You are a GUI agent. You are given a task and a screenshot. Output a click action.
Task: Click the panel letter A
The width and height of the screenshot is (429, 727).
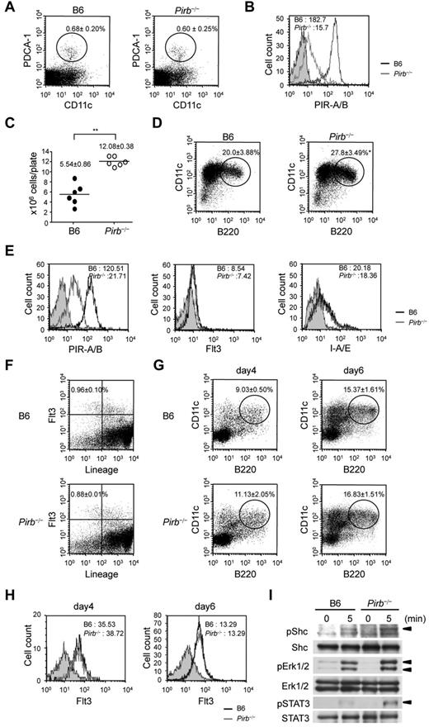(x=8, y=7)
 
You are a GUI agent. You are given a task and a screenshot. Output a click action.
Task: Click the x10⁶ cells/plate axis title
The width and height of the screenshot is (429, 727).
(x=14, y=170)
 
